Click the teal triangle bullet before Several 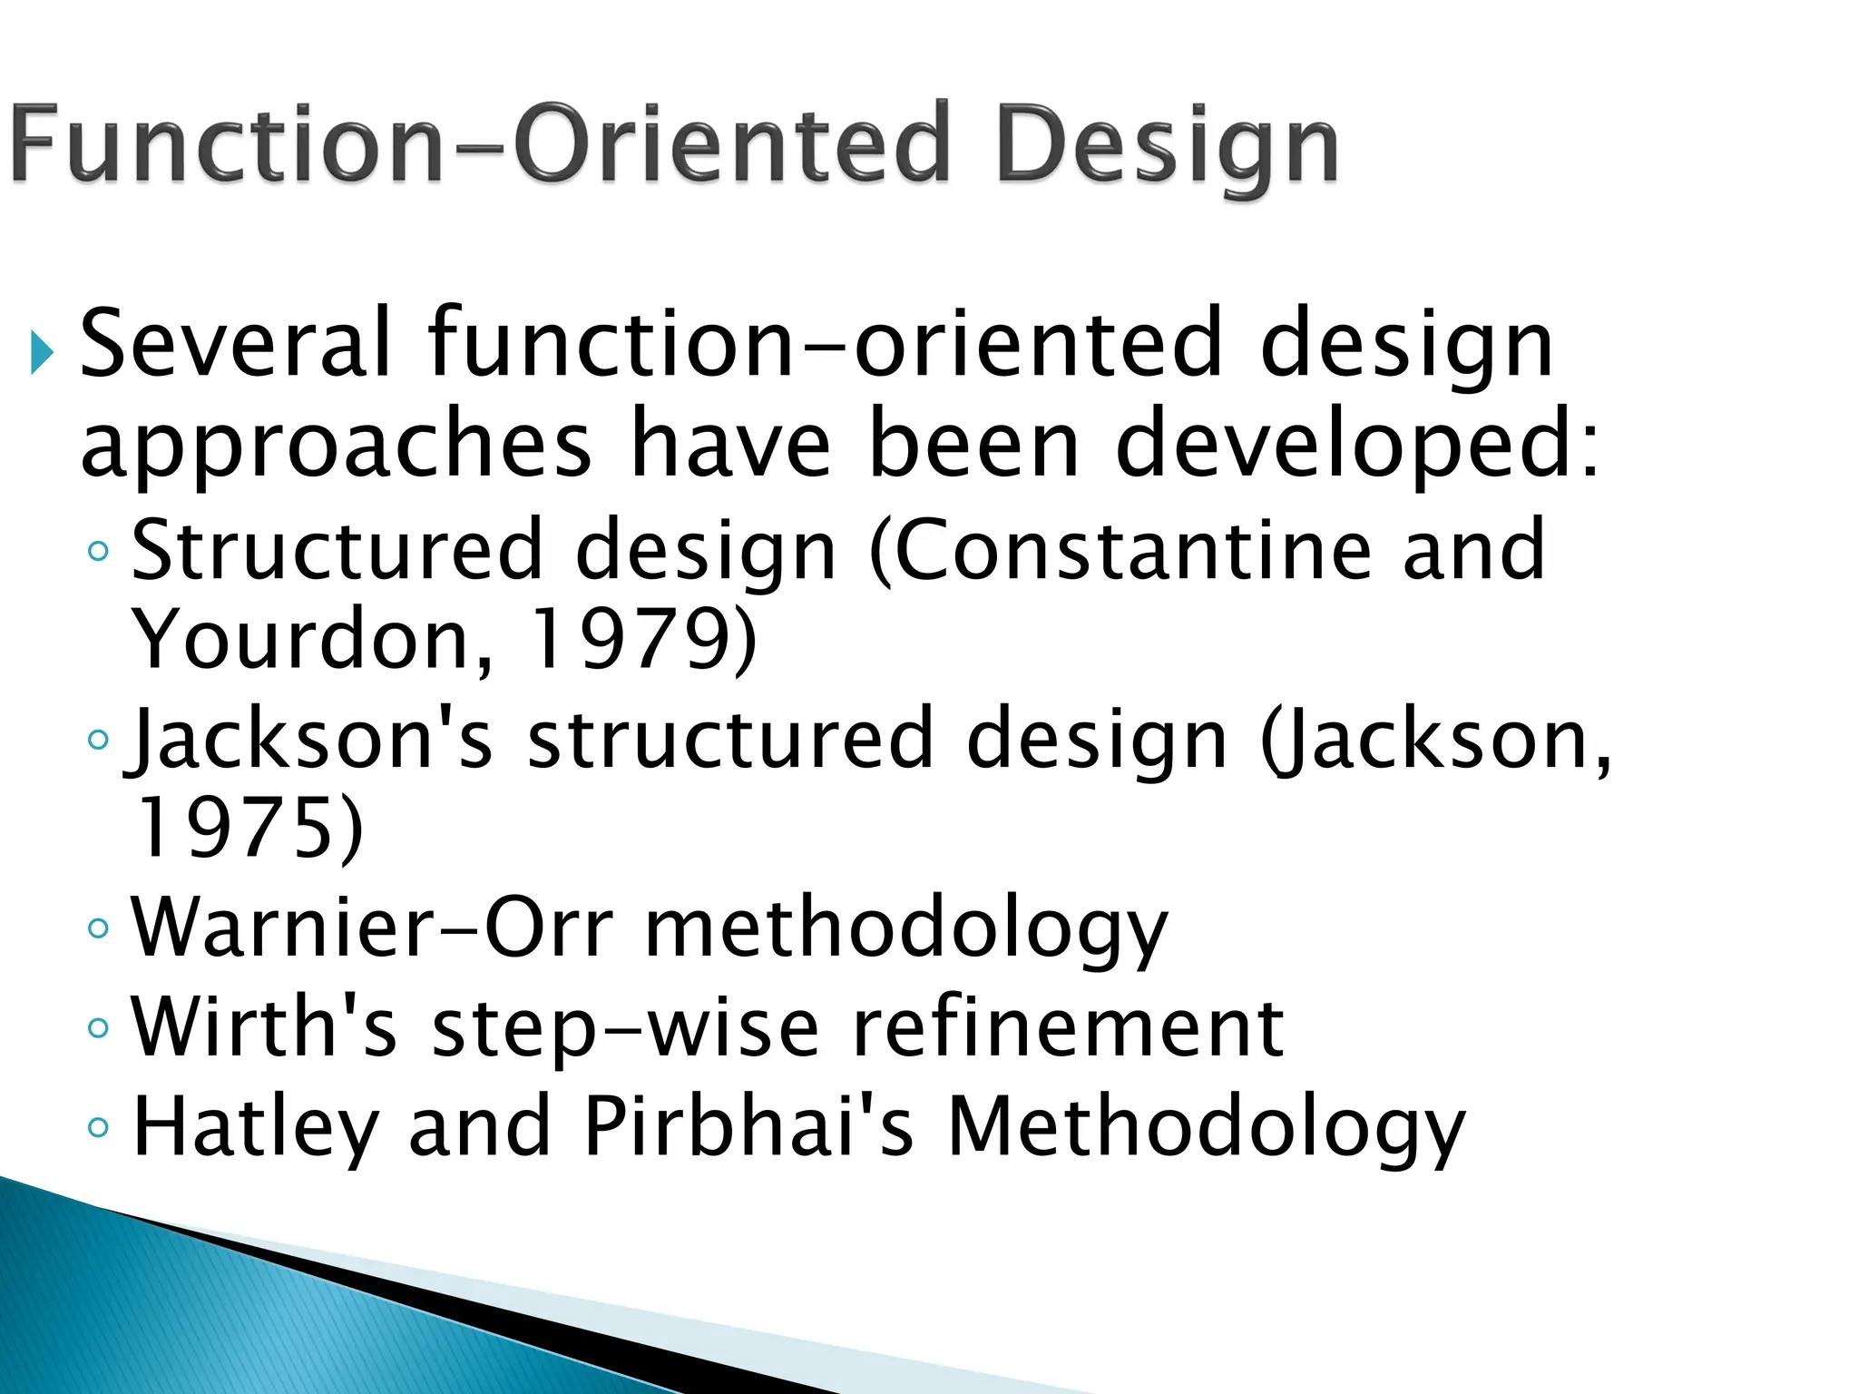pyautogui.click(x=42, y=351)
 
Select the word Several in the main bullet pyautogui.click(x=236, y=345)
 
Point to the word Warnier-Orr pyautogui.click(x=372, y=928)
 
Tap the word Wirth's pyautogui.click(x=264, y=1027)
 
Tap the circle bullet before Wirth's pyautogui.click(x=98, y=1028)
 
